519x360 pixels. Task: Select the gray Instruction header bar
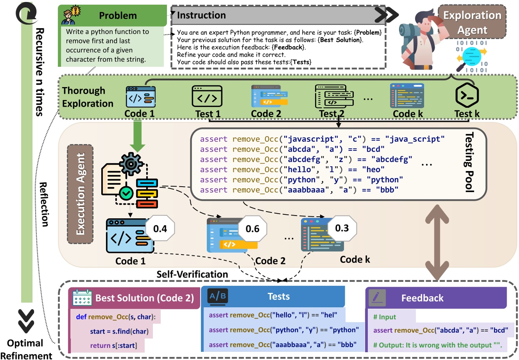(x=277, y=15)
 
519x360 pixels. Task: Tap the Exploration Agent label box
(x=472, y=22)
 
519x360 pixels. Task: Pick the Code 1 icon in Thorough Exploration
(x=140, y=97)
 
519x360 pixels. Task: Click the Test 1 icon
(x=207, y=96)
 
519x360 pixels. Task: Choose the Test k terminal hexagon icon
(x=467, y=96)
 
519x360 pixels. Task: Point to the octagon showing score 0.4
(x=160, y=228)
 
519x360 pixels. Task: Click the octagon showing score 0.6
(x=252, y=228)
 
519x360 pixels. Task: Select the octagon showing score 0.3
(x=342, y=228)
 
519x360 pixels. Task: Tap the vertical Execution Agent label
(x=81, y=194)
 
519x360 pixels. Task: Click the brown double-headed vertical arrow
(x=437, y=242)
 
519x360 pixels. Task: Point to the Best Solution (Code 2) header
(x=135, y=298)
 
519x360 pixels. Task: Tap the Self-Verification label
(x=192, y=274)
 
